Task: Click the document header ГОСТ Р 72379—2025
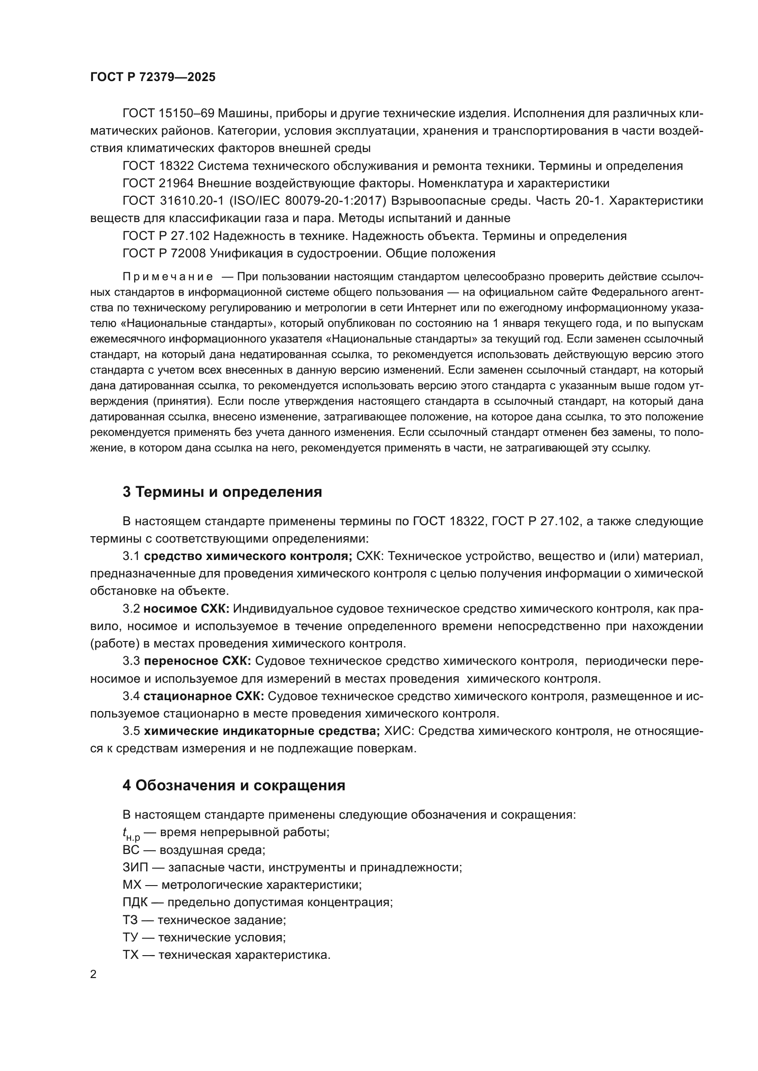(153, 77)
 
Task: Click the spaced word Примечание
(168, 277)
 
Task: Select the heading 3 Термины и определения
(222, 492)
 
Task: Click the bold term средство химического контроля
(247, 556)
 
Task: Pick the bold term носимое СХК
(186, 609)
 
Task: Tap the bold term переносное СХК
(198, 661)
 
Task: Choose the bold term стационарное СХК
(203, 696)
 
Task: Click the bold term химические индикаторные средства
(261, 731)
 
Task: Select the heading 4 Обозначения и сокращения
(234, 786)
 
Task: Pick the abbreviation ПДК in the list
(135, 902)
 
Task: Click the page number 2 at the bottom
(93, 974)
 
